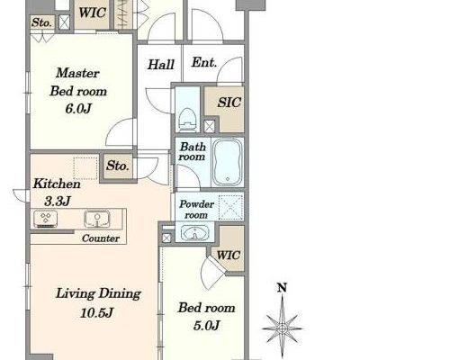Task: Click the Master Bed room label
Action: (x=78, y=82)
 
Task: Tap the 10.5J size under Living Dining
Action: (x=96, y=313)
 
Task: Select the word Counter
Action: (x=101, y=238)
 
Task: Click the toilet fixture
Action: (x=187, y=120)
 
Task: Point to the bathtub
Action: (x=228, y=162)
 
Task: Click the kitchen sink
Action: (x=96, y=219)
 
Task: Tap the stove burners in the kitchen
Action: (x=46, y=219)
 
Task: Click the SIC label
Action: (x=229, y=103)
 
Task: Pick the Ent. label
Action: (x=204, y=63)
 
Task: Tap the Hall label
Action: (x=161, y=65)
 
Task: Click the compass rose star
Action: (x=283, y=328)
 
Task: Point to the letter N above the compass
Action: (x=282, y=288)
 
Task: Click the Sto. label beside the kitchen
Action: (x=118, y=166)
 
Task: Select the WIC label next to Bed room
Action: (x=229, y=256)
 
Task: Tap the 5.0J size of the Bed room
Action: (x=206, y=325)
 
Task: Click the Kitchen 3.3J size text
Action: (x=58, y=202)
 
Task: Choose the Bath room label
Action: (x=193, y=152)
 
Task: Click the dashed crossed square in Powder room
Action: (x=230, y=207)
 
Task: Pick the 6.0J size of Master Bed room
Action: (x=78, y=109)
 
